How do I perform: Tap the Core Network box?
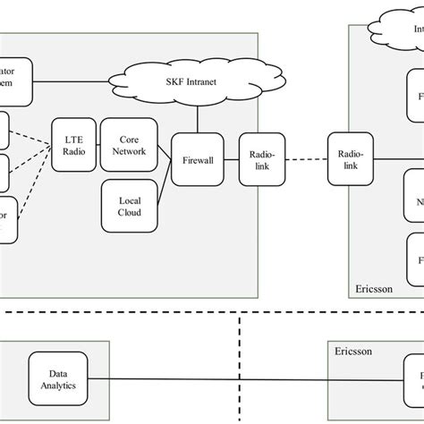[x=123, y=144]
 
